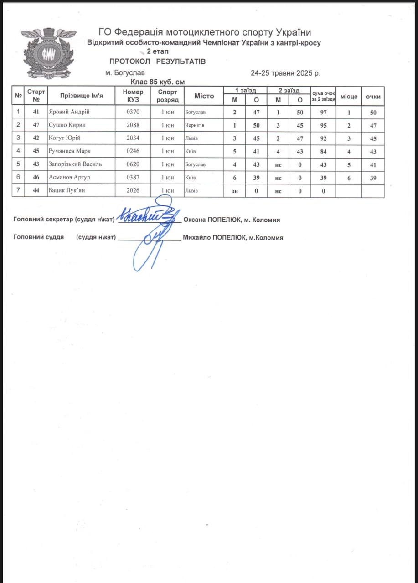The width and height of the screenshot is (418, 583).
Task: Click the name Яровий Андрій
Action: (69, 112)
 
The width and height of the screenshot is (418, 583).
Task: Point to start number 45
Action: (36, 152)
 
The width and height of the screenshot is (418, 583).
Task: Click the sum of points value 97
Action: (323, 112)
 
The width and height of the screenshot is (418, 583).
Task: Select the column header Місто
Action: (204, 96)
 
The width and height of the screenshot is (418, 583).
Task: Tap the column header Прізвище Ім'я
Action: (82, 96)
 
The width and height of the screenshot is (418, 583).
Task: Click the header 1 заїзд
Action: (245, 91)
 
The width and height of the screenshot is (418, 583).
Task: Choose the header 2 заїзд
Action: (289, 91)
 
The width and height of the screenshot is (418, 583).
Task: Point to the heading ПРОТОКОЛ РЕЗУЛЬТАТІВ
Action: (158, 61)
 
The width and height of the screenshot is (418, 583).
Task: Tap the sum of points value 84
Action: (323, 152)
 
